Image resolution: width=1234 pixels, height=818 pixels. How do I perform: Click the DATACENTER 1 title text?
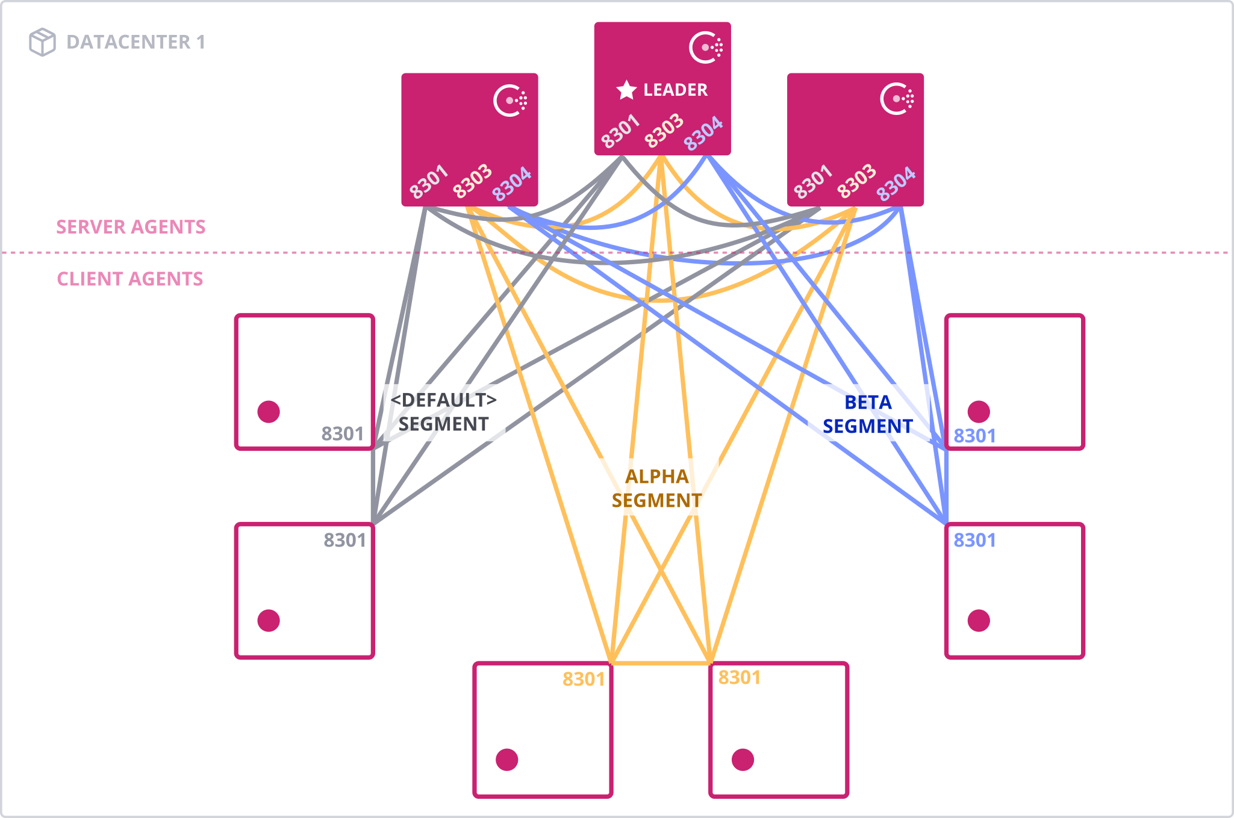136,42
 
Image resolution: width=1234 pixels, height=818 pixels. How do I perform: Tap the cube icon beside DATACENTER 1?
42,42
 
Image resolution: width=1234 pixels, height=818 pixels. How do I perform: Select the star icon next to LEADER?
626,90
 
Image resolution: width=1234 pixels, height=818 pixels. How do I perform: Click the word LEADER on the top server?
675,90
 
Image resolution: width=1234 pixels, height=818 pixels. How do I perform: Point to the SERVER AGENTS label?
131,227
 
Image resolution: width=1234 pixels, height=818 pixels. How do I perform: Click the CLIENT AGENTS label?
130,279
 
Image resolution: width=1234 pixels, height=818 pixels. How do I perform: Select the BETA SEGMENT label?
867,414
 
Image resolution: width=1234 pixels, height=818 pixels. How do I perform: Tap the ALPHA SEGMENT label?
656,488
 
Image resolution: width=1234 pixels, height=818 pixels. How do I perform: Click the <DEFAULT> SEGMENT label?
443,412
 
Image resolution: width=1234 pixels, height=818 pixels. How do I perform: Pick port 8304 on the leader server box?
703,133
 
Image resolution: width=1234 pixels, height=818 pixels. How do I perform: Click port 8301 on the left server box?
429,181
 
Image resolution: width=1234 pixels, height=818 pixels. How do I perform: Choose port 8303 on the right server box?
856,181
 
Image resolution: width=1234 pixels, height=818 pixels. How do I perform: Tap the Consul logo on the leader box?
705,47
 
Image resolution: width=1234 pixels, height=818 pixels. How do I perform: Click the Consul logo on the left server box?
510,101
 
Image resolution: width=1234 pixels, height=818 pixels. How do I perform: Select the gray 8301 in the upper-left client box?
342,434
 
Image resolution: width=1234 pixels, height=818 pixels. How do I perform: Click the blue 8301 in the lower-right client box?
974,541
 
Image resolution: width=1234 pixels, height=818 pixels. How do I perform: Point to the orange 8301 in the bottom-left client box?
583,680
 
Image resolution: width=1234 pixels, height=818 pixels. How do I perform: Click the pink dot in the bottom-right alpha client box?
743,760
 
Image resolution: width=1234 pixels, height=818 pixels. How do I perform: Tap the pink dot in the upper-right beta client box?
979,412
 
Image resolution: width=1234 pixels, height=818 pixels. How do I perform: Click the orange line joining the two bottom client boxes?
661,663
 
